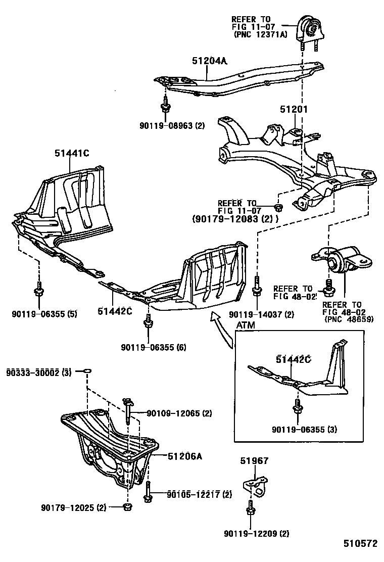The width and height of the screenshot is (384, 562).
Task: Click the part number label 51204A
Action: pyautogui.click(x=209, y=61)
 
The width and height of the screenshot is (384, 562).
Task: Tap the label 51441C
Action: pyautogui.click(x=72, y=153)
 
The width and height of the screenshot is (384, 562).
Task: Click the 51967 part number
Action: pyautogui.click(x=254, y=461)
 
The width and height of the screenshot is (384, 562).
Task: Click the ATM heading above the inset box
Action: pyautogui.click(x=246, y=325)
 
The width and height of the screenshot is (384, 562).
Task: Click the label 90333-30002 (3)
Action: pyautogui.click(x=38, y=372)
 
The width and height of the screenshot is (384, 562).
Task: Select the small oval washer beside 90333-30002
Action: pyautogui.click(x=87, y=372)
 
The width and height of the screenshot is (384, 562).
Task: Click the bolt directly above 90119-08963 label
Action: pyautogui.click(x=165, y=107)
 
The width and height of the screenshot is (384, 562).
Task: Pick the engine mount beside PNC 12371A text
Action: pyautogui.click(x=308, y=28)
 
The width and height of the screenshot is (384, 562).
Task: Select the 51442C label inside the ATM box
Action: pyautogui.click(x=293, y=359)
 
